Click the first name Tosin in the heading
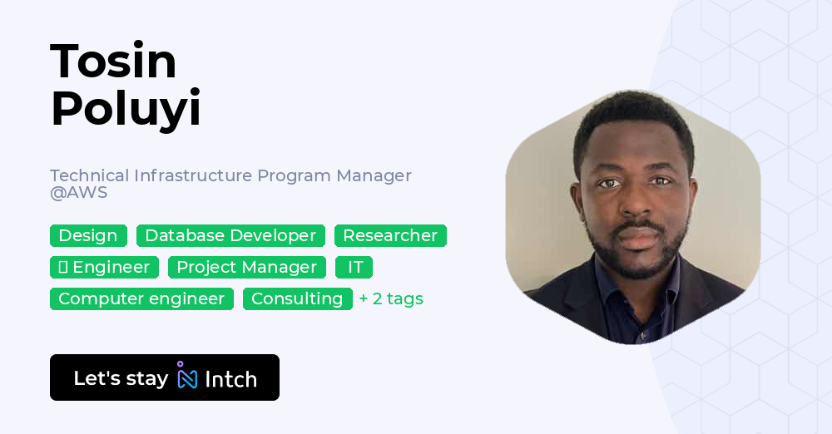click(x=113, y=61)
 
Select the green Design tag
click(x=89, y=235)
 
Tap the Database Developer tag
click(x=230, y=235)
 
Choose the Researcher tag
click(x=390, y=235)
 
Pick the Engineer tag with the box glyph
click(x=105, y=268)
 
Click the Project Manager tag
click(x=247, y=268)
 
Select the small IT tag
click(x=354, y=268)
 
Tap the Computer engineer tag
click(x=141, y=298)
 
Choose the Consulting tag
click(x=298, y=298)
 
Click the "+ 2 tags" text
click(x=391, y=298)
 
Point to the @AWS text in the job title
click(x=78, y=192)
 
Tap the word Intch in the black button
click(x=230, y=379)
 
